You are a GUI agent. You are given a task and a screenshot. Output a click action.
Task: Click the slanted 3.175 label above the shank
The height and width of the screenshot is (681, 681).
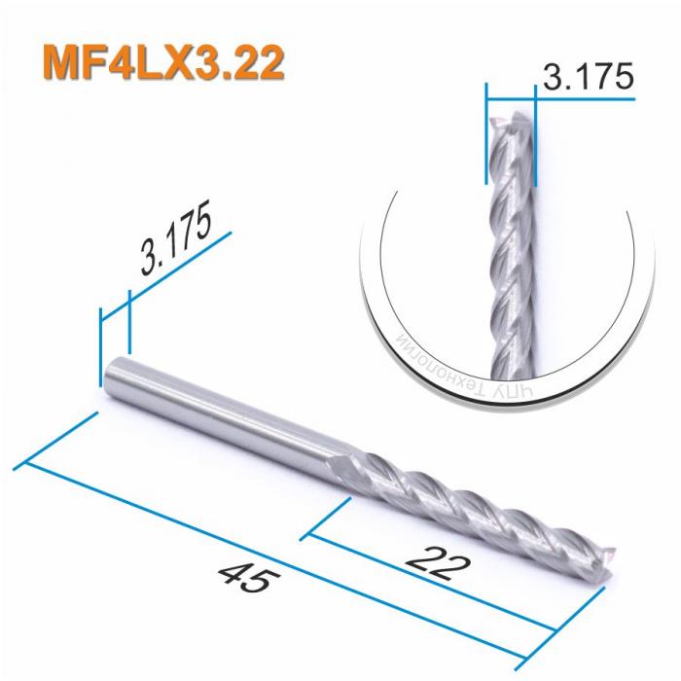pyautogui.click(x=176, y=240)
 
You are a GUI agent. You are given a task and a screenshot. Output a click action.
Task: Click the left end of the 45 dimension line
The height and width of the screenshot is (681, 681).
pyautogui.click(x=25, y=461)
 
